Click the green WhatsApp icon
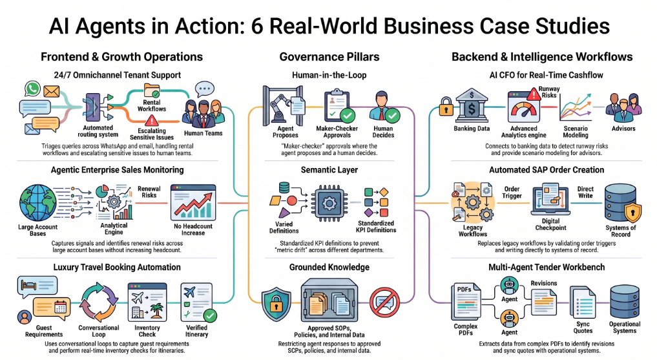tap(33, 89)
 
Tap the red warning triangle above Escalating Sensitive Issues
tap(151, 121)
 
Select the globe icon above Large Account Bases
tap(37, 203)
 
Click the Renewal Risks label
tap(149, 192)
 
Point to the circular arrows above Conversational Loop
tap(99, 302)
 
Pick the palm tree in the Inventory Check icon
tap(157, 311)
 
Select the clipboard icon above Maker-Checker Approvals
tap(337, 105)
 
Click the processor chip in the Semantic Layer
tap(329, 203)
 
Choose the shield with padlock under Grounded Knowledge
tap(276, 304)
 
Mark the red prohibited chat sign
tap(384, 302)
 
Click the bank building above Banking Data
tap(472, 105)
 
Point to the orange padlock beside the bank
tap(446, 107)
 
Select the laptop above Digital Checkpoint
tap(550, 200)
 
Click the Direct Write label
tap(585, 193)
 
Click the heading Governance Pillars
tap(329, 57)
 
